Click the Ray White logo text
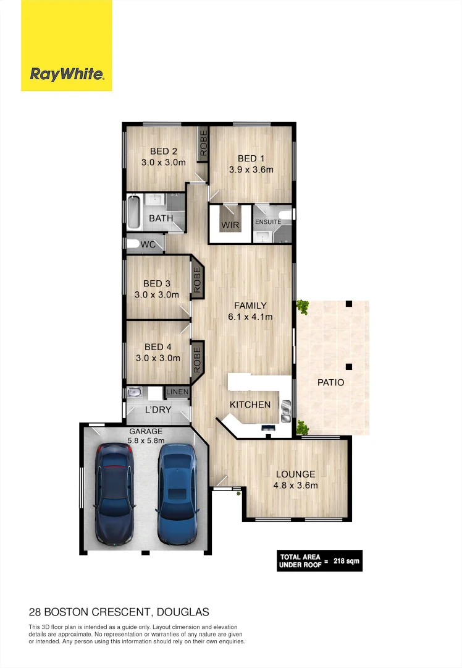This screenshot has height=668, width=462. pos(67,74)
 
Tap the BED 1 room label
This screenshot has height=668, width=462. pos(251,159)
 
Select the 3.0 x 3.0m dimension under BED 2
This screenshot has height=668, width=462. pos(163,163)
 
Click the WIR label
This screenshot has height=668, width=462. pos(230,225)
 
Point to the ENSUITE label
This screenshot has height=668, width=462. pos(268,221)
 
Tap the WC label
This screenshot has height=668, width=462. pos(148,245)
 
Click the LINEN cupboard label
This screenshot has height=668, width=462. pos(177,392)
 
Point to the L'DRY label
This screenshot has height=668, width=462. pos(157,410)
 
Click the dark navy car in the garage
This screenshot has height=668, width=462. pos(114,493)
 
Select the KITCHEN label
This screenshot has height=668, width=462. pos(250,405)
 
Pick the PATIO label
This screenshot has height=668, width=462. pos(330,382)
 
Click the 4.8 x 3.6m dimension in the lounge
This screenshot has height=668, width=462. pos(295,485)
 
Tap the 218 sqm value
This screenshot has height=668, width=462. pos(346,562)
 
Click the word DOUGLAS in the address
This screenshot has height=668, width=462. pos(183,612)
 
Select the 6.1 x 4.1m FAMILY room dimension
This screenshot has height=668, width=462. pos(250,317)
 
